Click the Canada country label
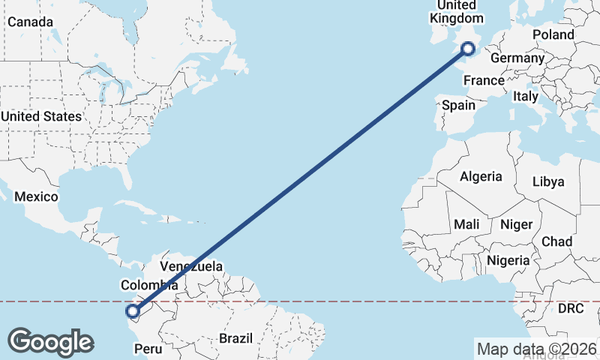click(x=30, y=22)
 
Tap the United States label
click(x=40, y=116)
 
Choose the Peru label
click(x=148, y=349)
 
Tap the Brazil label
click(x=236, y=338)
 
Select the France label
click(x=484, y=81)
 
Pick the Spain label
click(x=458, y=105)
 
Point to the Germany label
click(x=517, y=58)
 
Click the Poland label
click(x=553, y=34)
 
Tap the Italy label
click(x=526, y=97)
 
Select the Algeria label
click(x=481, y=177)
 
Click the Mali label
click(x=466, y=224)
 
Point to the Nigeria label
click(x=508, y=260)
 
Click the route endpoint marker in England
click(x=469, y=49)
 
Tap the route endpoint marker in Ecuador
click(x=133, y=311)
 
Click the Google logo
click(x=51, y=342)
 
